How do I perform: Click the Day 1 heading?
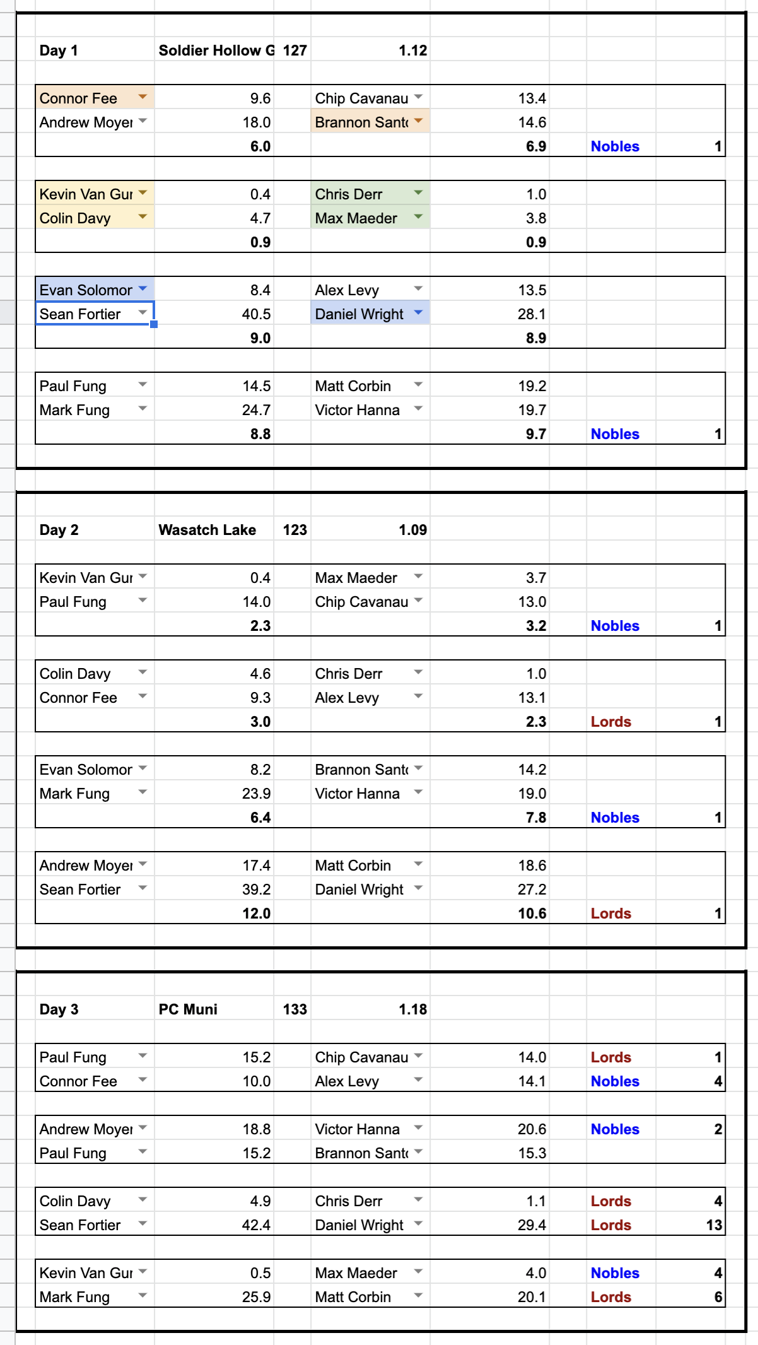click(x=59, y=50)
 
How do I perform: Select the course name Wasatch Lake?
click(x=207, y=530)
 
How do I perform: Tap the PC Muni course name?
click(x=188, y=1009)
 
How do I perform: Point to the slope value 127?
click(x=294, y=50)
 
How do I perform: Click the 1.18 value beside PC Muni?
click(x=412, y=1009)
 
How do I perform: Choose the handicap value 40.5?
click(x=256, y=314)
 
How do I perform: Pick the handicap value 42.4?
click(x=256, y=1225)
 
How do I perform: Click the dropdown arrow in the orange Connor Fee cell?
click(x=143, y=97)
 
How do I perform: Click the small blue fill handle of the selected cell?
click(x=154, y=324)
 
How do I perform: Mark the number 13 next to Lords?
click(x=714, y=1225)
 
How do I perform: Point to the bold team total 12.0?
click(x=256, y=913)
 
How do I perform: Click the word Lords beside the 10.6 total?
click(x=610, y=913)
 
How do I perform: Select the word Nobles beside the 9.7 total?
click(x=615, y=434)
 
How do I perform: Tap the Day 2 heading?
click(x=59, y=530)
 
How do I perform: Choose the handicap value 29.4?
click(x=532, y=1225)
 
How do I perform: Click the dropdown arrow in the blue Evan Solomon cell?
click(x=143, y=289)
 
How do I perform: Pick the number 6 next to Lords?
click(x=718, y=1297)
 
